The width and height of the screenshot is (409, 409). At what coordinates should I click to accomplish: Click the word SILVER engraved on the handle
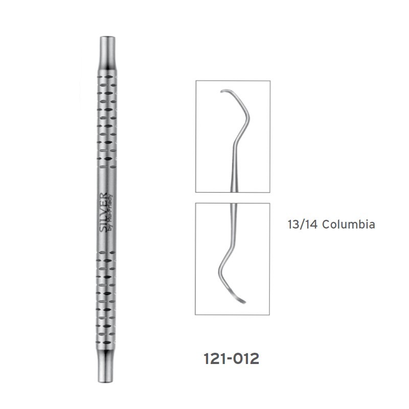(x=103, y=212)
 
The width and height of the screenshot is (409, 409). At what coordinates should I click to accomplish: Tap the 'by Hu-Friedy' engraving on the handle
(x=110, y=213)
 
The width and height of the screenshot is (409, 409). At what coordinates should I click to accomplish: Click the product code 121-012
(x=232, y=358)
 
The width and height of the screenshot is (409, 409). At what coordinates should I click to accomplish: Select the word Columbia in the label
(x=349, y=224)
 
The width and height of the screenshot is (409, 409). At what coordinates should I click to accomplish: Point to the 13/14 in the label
(x=302, y=224)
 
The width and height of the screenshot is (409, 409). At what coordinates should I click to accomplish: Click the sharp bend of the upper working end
(x=248, y=118)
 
